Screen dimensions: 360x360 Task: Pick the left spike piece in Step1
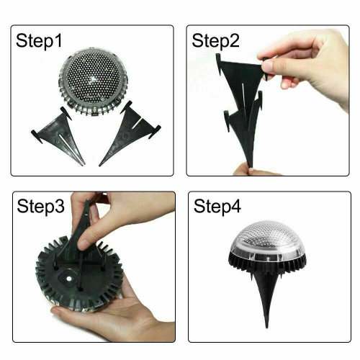click(56, 133)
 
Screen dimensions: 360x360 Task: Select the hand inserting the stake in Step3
click(115, 220)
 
